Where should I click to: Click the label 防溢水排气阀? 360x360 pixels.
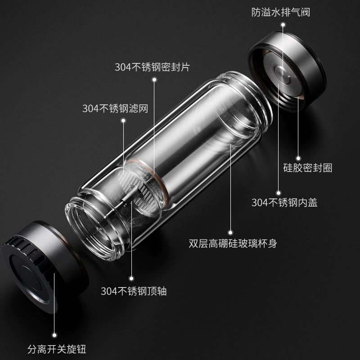pyautogui.click(x=280, y=13)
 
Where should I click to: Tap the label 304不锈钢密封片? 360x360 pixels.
pyautogui.click(x=153, y=67)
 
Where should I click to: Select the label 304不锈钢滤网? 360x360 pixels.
pyautogui.click(x=115, y=108)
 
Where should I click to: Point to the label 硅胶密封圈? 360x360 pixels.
pyautogui.click(x=308, y=168)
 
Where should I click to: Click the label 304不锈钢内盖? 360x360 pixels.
pyautogui.click(x=284, y=202)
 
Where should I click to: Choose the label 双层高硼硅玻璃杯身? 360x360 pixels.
pyautogui.click(x=233, y=243)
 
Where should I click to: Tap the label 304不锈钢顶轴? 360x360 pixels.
pyautogui.click(x=134, y=291)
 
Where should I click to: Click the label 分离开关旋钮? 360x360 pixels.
pyautogui.click(x=57, y=349)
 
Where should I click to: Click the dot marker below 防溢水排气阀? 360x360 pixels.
pyautogui.click(x=283, y=25)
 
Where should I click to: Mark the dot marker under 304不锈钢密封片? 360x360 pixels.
pyautogui.click(x=154, y=80)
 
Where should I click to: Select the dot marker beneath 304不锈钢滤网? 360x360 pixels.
pyautogui.click(x=123, y=121)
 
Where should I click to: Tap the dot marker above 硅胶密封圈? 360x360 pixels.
pyautogui.click(x=298, y=158)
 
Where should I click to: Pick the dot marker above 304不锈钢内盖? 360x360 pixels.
pyautogui.click(x=279, y=193)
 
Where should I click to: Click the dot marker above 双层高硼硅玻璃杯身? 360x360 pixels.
pyautogui.click(x=230, y=233)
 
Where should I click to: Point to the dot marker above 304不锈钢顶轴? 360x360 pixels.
pyautogui.click(x=131, y=279)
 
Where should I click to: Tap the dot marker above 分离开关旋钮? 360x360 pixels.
pyautogui.click(x=54, y=335)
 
